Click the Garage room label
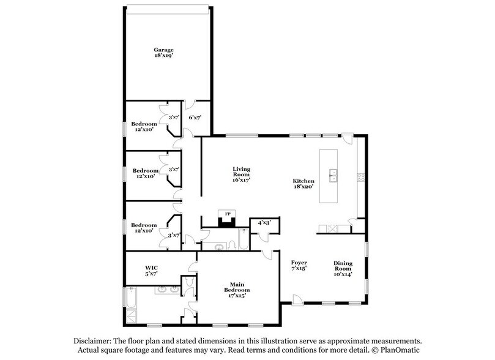(x=163, y=49)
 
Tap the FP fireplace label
(x=227, y=214)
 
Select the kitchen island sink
(x=333, y=174)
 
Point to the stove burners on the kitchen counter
(x=361, y=178)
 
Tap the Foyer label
(x=299, y=262)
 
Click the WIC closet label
(x=152, y=268)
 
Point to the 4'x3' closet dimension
(x=264, y=223)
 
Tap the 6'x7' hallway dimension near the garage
(x=195, y=117)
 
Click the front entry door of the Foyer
(x=297, y=300)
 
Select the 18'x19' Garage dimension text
(x=163, y=55)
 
